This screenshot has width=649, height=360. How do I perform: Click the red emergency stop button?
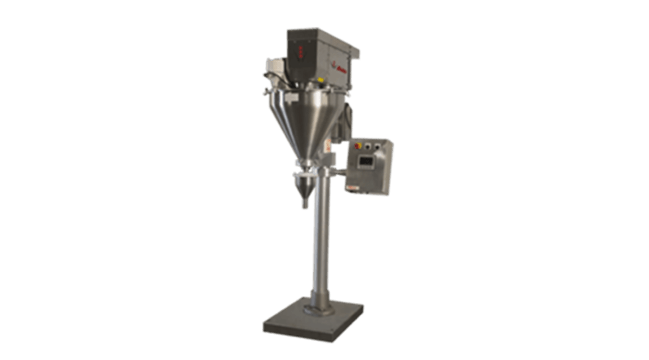coord(360,145)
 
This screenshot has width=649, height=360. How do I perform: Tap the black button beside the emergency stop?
coord(370,145)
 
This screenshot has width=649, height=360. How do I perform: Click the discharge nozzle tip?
coord(305,204)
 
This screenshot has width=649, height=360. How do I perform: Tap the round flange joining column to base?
coord(319,308)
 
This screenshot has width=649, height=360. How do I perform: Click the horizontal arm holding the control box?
coord(337,173)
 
